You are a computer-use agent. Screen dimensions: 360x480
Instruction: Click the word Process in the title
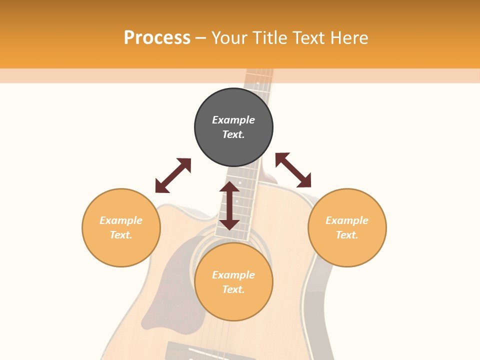coord(157,38)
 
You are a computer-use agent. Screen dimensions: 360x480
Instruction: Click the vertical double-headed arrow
coord(229,205)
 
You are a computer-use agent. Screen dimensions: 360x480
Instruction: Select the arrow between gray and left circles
coord(173,175)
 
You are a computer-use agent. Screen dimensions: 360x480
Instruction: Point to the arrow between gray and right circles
coord(293,170)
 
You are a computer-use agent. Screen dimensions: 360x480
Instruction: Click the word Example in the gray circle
coord(233,120)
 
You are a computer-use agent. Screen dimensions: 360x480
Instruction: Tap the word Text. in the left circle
coord(121,235)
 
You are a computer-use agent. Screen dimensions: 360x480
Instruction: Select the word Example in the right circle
coord(347,220)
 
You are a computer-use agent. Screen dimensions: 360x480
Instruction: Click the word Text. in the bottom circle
coord(233,289)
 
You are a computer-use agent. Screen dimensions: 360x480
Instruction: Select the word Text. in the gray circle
coord(233,134)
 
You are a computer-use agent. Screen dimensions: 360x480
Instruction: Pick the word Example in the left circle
coord(121,220)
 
